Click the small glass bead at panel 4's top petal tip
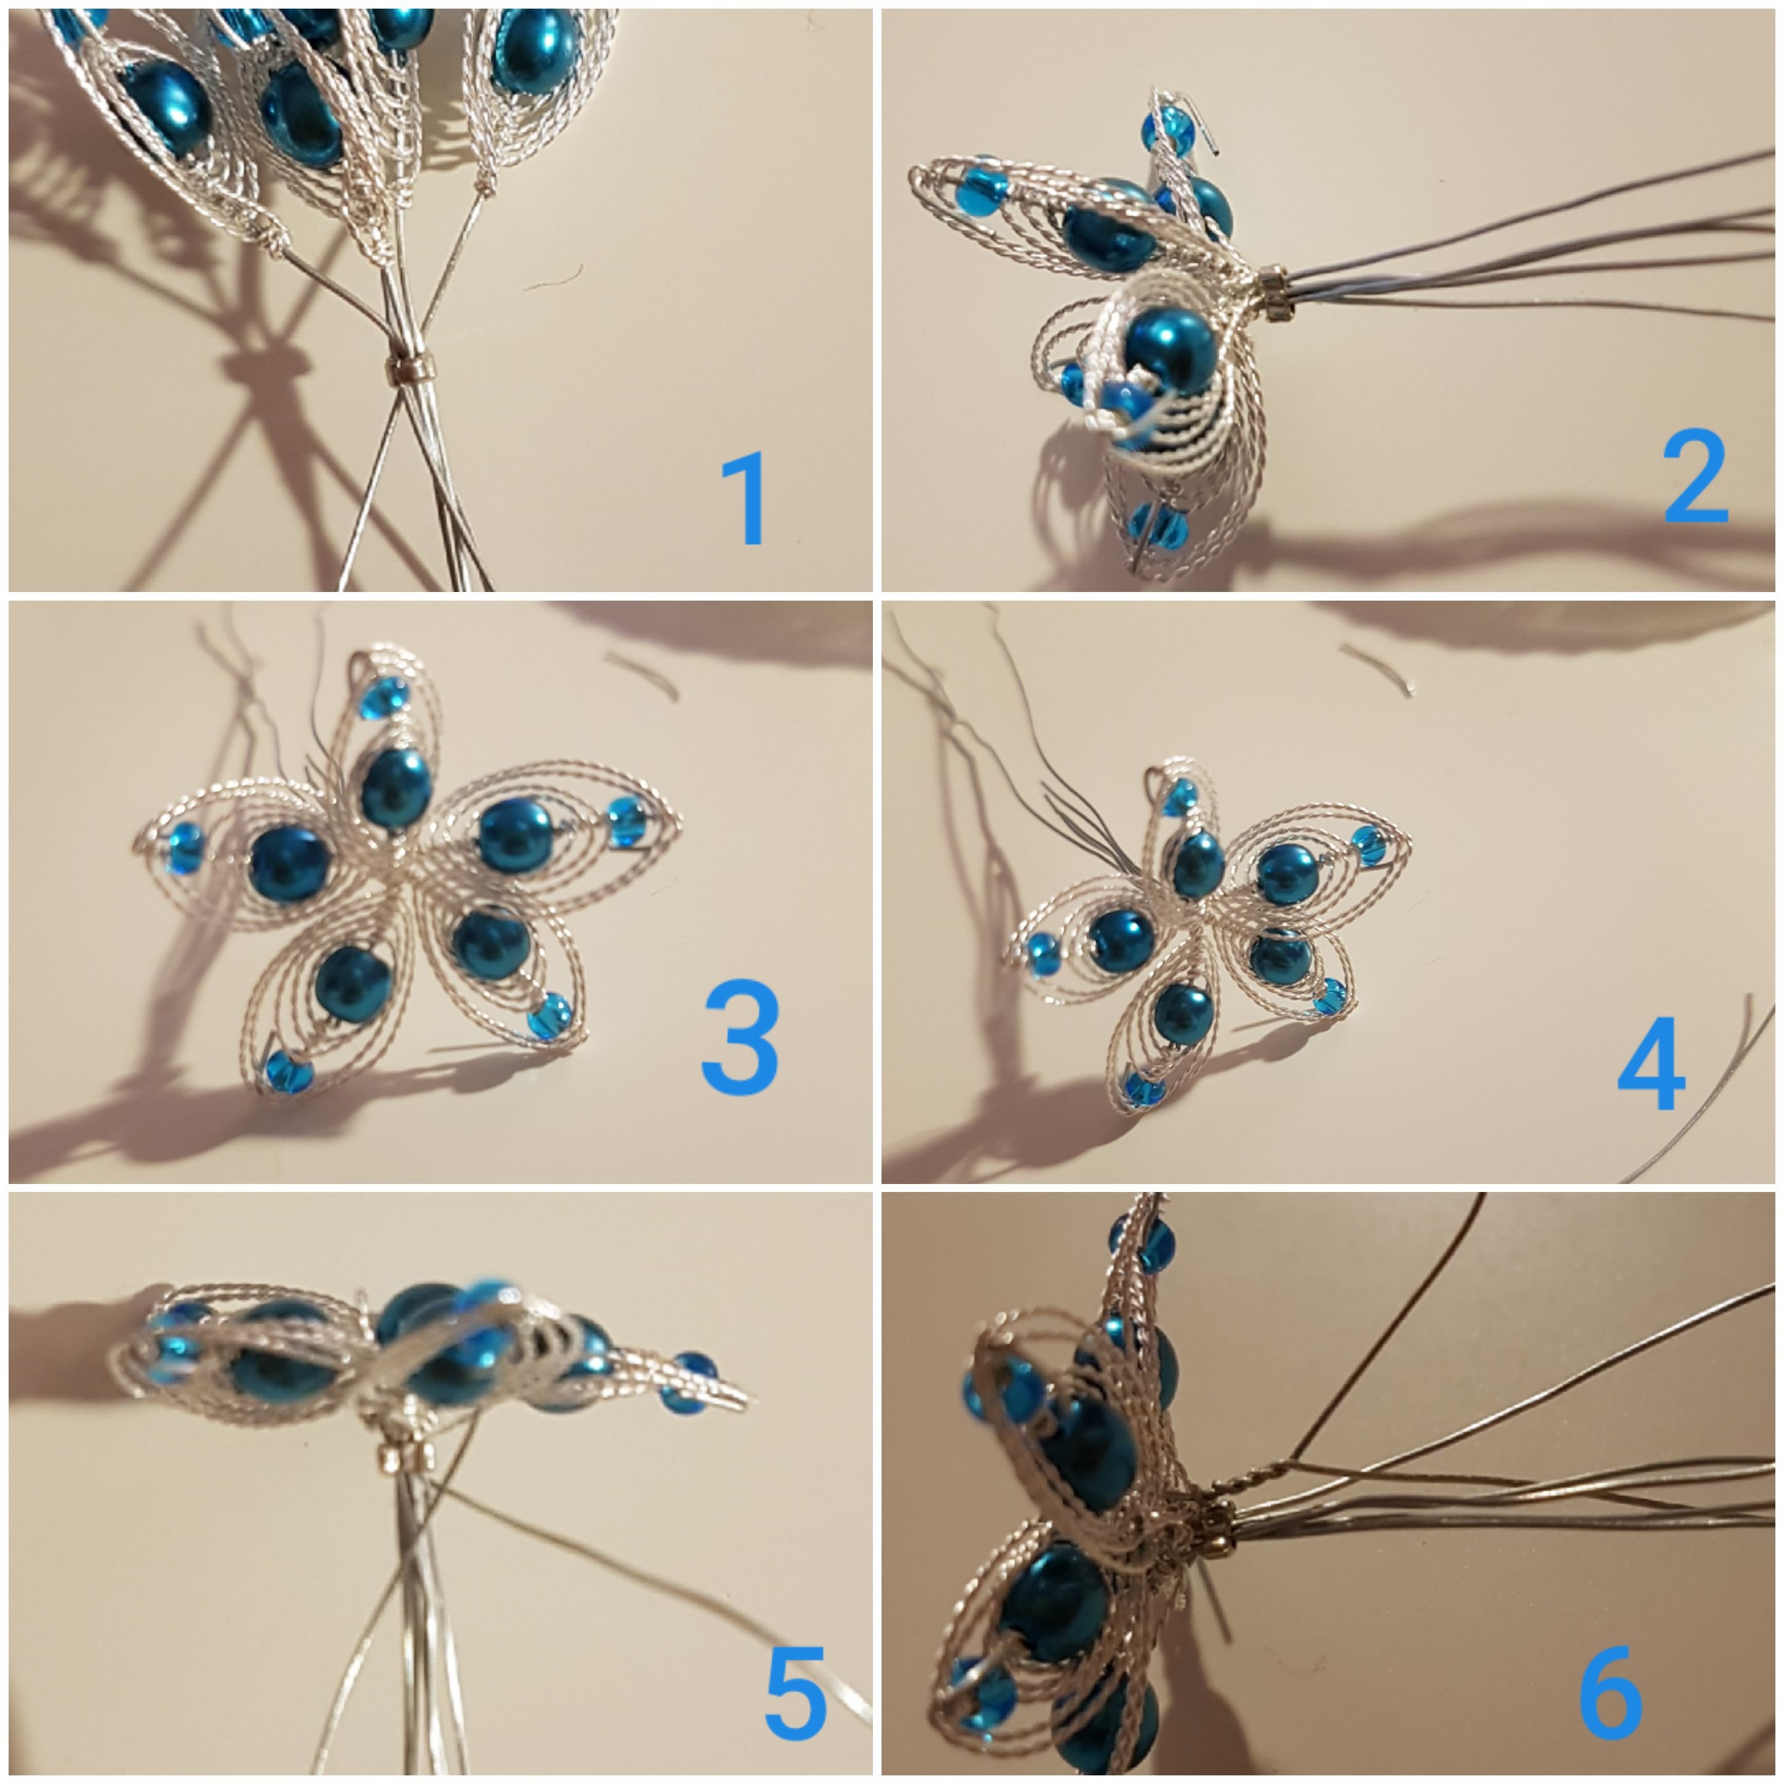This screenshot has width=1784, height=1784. point(1178,796)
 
